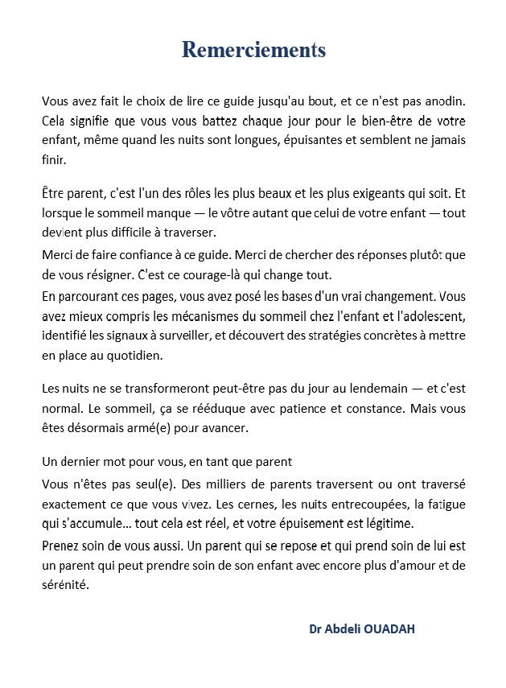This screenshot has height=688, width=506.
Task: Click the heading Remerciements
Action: pos(253,50)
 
